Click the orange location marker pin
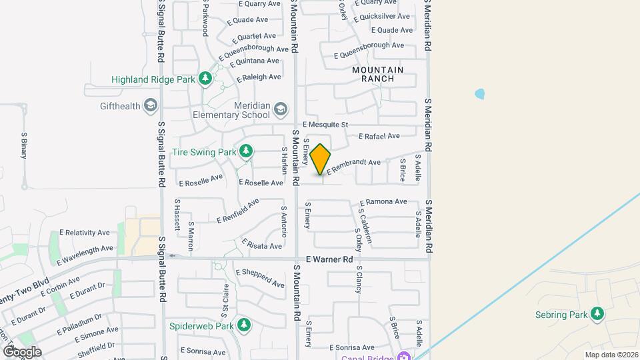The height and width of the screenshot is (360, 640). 320,159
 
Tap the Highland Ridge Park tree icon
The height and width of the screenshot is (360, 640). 205,79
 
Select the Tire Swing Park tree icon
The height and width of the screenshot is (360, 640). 247,151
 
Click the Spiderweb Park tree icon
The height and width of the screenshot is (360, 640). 245,325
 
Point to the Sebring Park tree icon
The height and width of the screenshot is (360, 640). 597,315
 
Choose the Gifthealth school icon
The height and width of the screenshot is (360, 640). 151,105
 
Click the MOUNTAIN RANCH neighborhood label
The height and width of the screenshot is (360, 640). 378,74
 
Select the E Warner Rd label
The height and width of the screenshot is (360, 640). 329,259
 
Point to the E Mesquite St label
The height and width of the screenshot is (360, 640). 325,124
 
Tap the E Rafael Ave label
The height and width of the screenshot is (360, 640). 379,136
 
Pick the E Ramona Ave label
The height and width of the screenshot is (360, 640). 383,201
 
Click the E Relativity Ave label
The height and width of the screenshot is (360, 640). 85,233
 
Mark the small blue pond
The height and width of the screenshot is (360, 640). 480,94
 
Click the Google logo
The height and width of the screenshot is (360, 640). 22,351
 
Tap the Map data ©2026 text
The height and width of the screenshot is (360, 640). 610,355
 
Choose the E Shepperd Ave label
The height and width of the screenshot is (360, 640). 260,277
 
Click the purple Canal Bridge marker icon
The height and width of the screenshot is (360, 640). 403,355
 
